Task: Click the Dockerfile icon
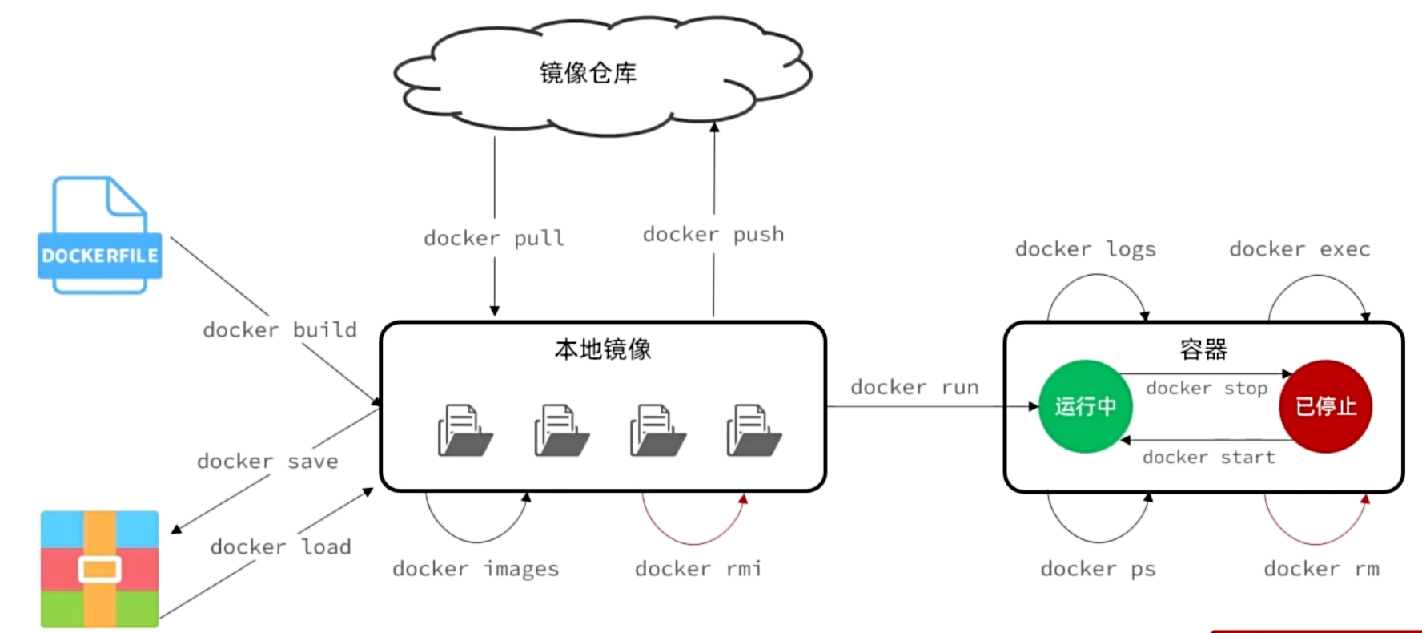99,236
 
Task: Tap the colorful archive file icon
99,569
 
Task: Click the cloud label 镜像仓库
588,73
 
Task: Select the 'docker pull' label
494,238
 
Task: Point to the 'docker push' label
713,234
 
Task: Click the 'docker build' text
279,329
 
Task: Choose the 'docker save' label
267,461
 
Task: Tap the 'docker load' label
280,546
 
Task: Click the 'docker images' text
476,569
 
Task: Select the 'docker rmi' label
697,569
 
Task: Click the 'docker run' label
914,387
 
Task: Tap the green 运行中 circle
1085,406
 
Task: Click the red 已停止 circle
1326,406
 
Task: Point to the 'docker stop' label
1207,388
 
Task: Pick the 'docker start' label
1208,457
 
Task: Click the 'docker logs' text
1085,249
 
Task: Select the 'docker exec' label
1299,249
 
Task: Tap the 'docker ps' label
1098,569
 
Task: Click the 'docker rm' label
1321,569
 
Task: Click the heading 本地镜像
603,349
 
